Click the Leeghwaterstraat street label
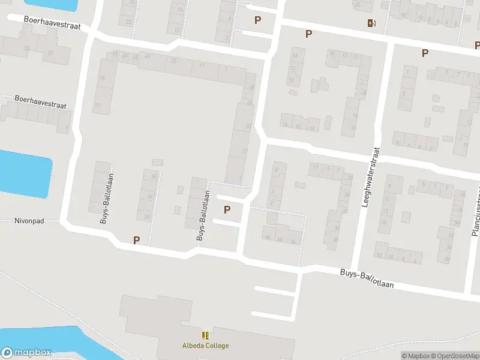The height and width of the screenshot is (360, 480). (x=371, y=178)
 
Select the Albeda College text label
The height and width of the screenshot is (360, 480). (x=205, y=346)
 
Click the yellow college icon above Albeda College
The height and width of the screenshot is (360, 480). (x=205, y=335)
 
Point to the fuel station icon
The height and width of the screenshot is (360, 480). (x=371, y=23)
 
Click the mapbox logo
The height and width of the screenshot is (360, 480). (x=26, y=353)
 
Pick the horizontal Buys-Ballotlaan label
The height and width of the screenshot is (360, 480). (x=367, y=278)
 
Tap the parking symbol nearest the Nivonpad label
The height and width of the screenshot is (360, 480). (x=136, y=240)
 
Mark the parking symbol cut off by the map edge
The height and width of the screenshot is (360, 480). (x=478, y=45)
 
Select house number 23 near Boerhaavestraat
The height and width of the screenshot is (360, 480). (x=50, y=53)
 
